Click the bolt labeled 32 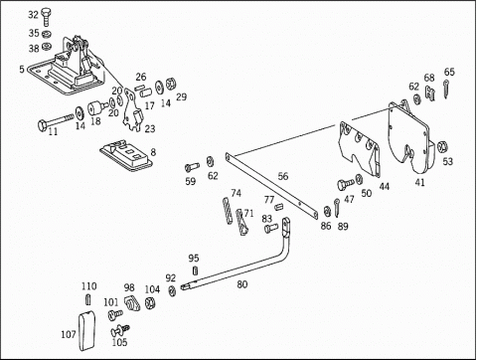[46, 18]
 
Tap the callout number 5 [22, 70]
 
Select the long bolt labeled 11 [56, 121]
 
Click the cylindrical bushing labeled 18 [97, 107]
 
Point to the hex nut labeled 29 [171, 84]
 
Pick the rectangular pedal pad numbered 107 [86, 330]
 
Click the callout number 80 [242, 284]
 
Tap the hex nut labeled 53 [442, 146]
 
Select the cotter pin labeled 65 [446, 89]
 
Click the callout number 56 [283, 176]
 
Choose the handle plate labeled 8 [126, 155]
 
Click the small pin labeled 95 [195, 270]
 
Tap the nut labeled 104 [149, 302]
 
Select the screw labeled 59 [192, 167]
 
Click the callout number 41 [419, 182]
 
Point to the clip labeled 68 [430, 93]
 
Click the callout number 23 [150, 128]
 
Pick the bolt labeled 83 [271, 228]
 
